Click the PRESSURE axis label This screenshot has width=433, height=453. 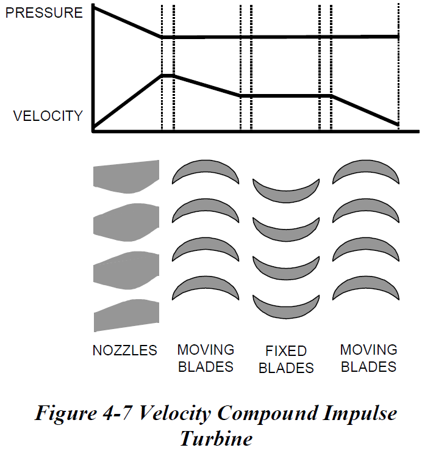coord(43,12)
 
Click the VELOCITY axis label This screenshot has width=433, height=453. coord(48,116)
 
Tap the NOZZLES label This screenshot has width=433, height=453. coord(125,350)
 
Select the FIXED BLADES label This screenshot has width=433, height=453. coord(286,360)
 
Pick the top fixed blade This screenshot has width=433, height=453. coord(286,189)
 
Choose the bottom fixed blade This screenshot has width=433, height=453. coord(286,306)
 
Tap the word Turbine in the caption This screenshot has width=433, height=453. coord(216,438)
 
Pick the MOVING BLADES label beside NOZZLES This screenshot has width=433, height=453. coord(206,358)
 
